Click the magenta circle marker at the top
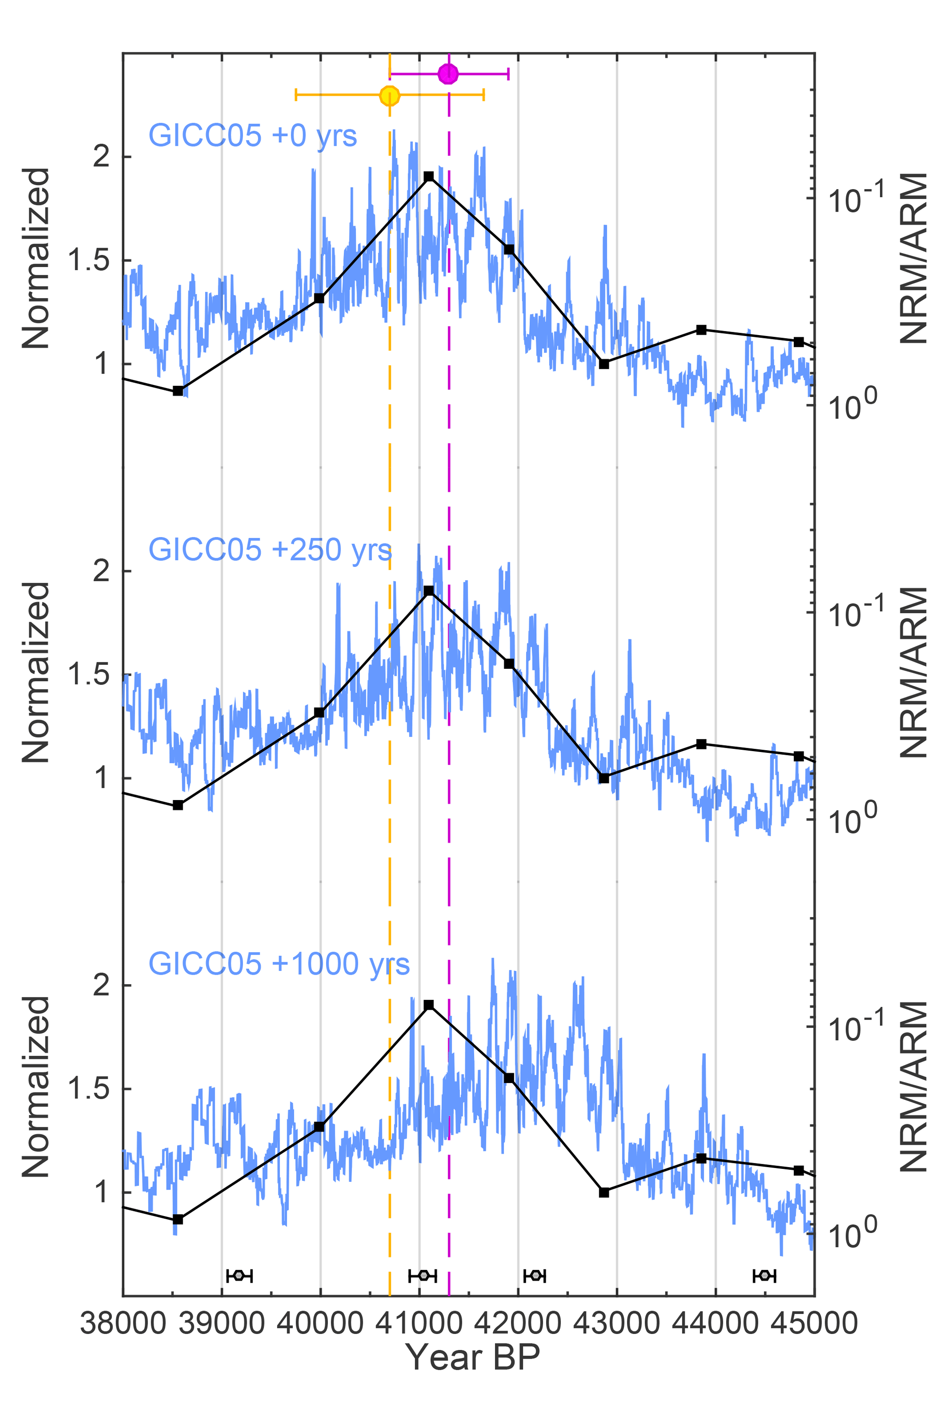point(448,74)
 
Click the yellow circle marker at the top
point(390,95)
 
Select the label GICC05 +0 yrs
point(253,136)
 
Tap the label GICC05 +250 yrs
point(270,549)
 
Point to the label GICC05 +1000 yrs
point(279,964)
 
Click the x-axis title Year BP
point(473,1357)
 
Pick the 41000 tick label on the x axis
point(419,1324)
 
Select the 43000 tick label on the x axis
point(617,1324)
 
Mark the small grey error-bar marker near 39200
point(239,1275)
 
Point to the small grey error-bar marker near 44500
point(765,1275)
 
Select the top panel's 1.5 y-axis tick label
point(89,260)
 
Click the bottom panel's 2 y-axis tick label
point(102,985)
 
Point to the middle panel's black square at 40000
point(320,712)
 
